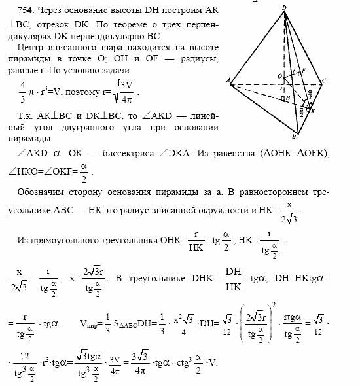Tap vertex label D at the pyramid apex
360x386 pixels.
(284, 7)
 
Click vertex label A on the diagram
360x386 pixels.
(228, 81)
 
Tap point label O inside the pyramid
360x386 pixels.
(279, 76)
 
